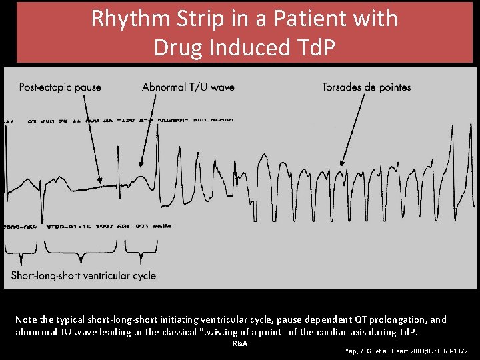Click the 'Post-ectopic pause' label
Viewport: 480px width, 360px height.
tap(60, 87)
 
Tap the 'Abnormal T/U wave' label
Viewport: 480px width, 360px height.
tap(188, 87)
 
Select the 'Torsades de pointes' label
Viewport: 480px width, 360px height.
tap(366, 87)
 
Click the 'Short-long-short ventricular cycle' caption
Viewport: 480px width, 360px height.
tap(83, 275)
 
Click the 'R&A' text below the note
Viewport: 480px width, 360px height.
tap(240, 343)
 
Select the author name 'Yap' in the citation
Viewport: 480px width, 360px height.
tap(351, 351)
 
